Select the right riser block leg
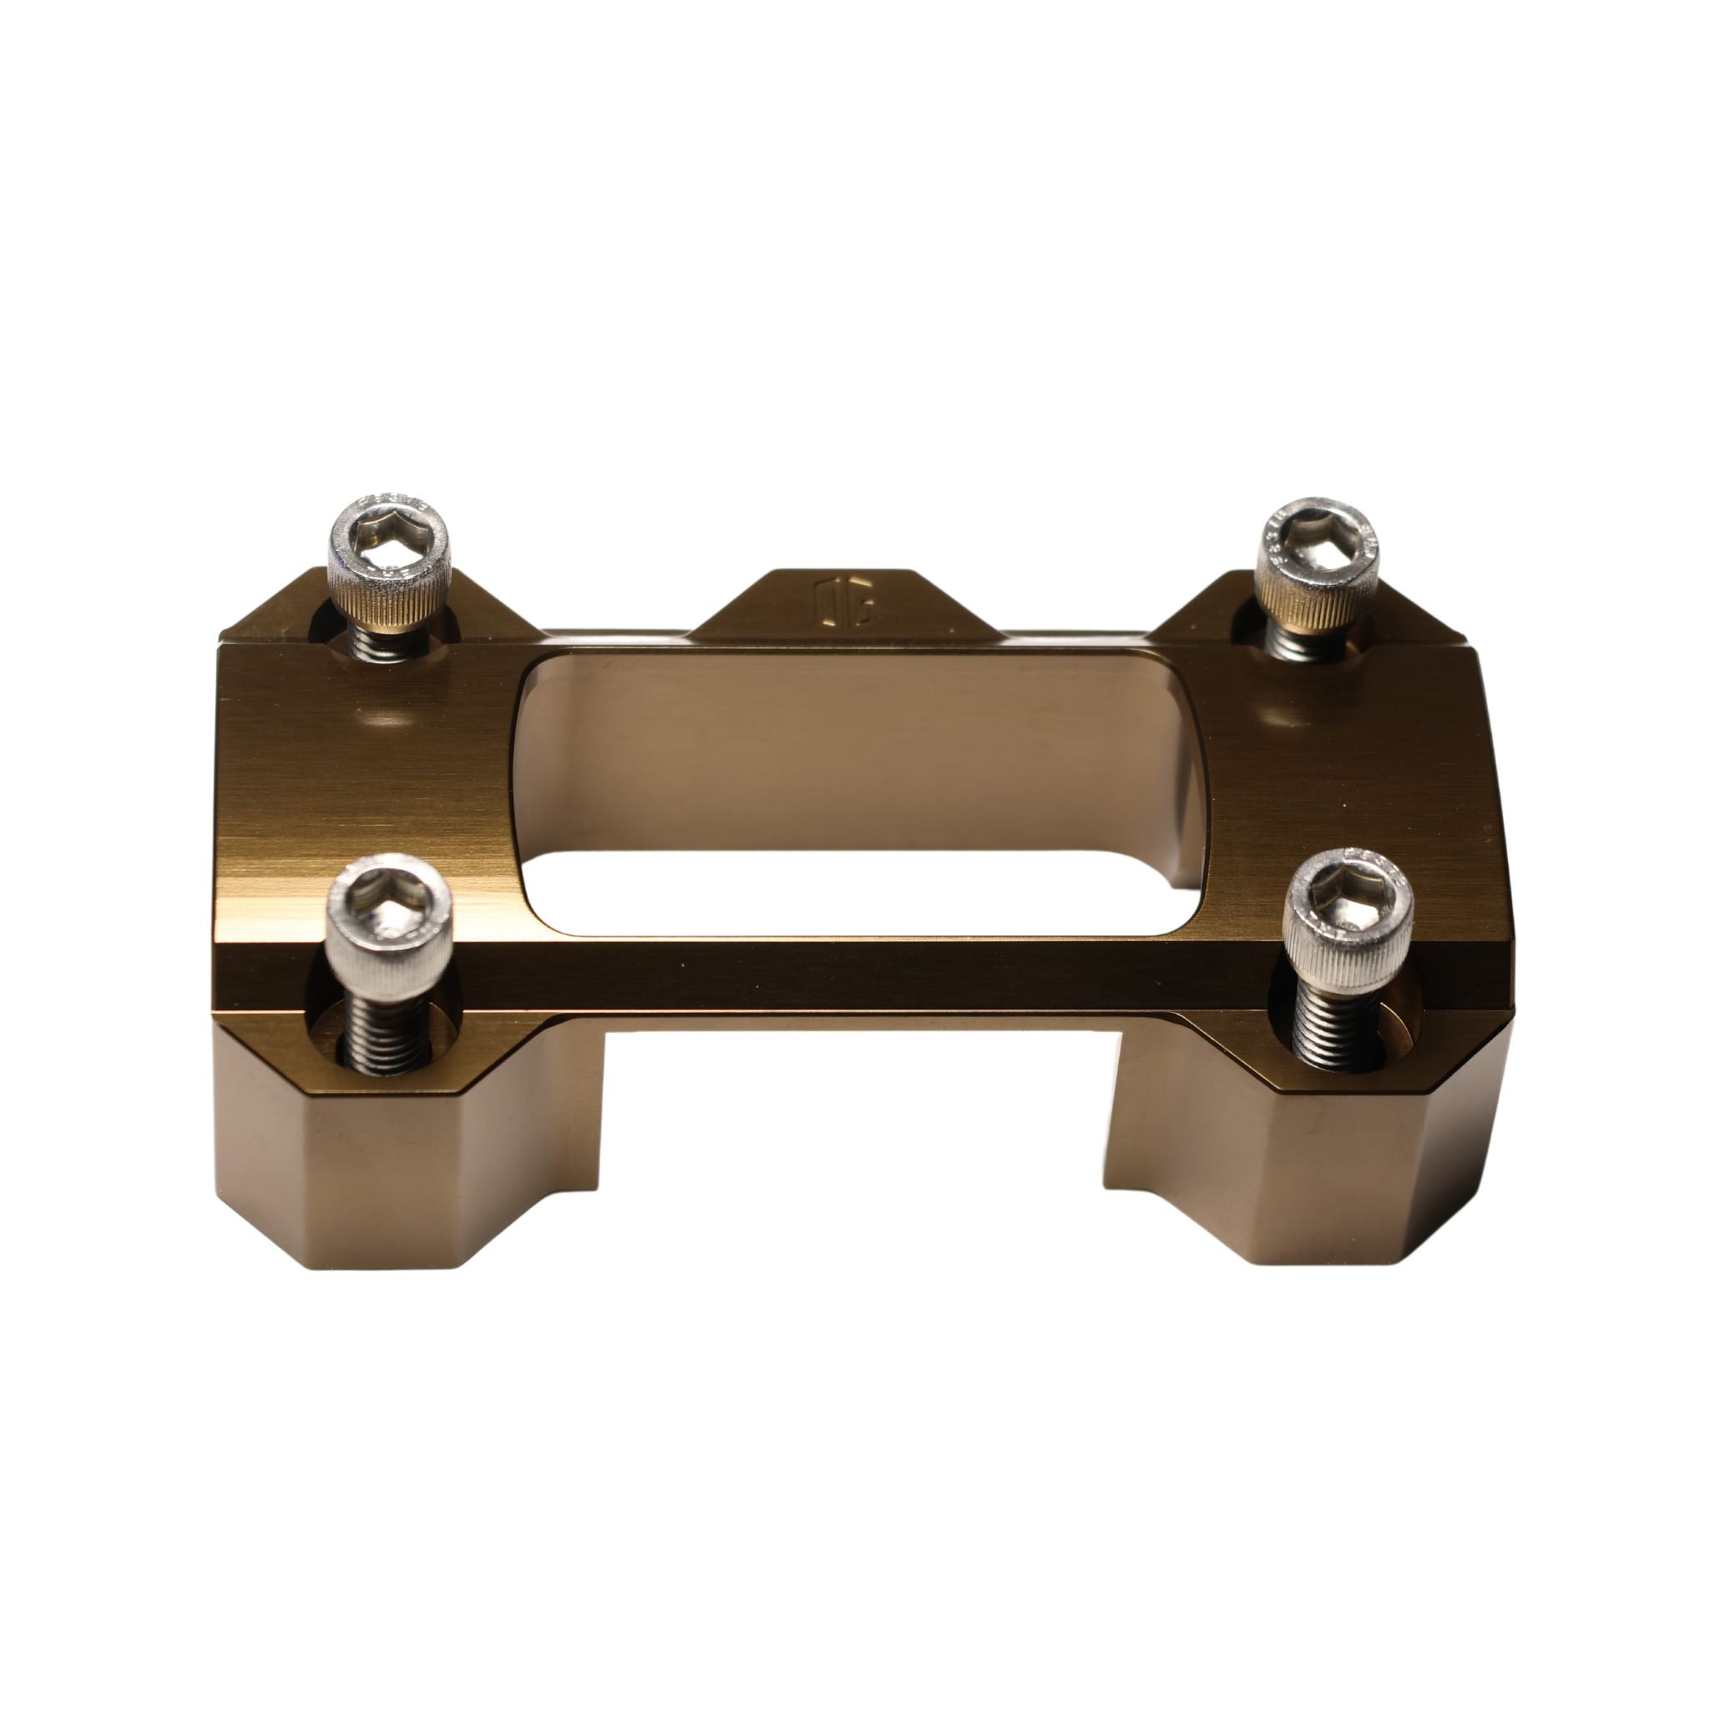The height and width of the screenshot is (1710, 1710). (x=1310, y=1168)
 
